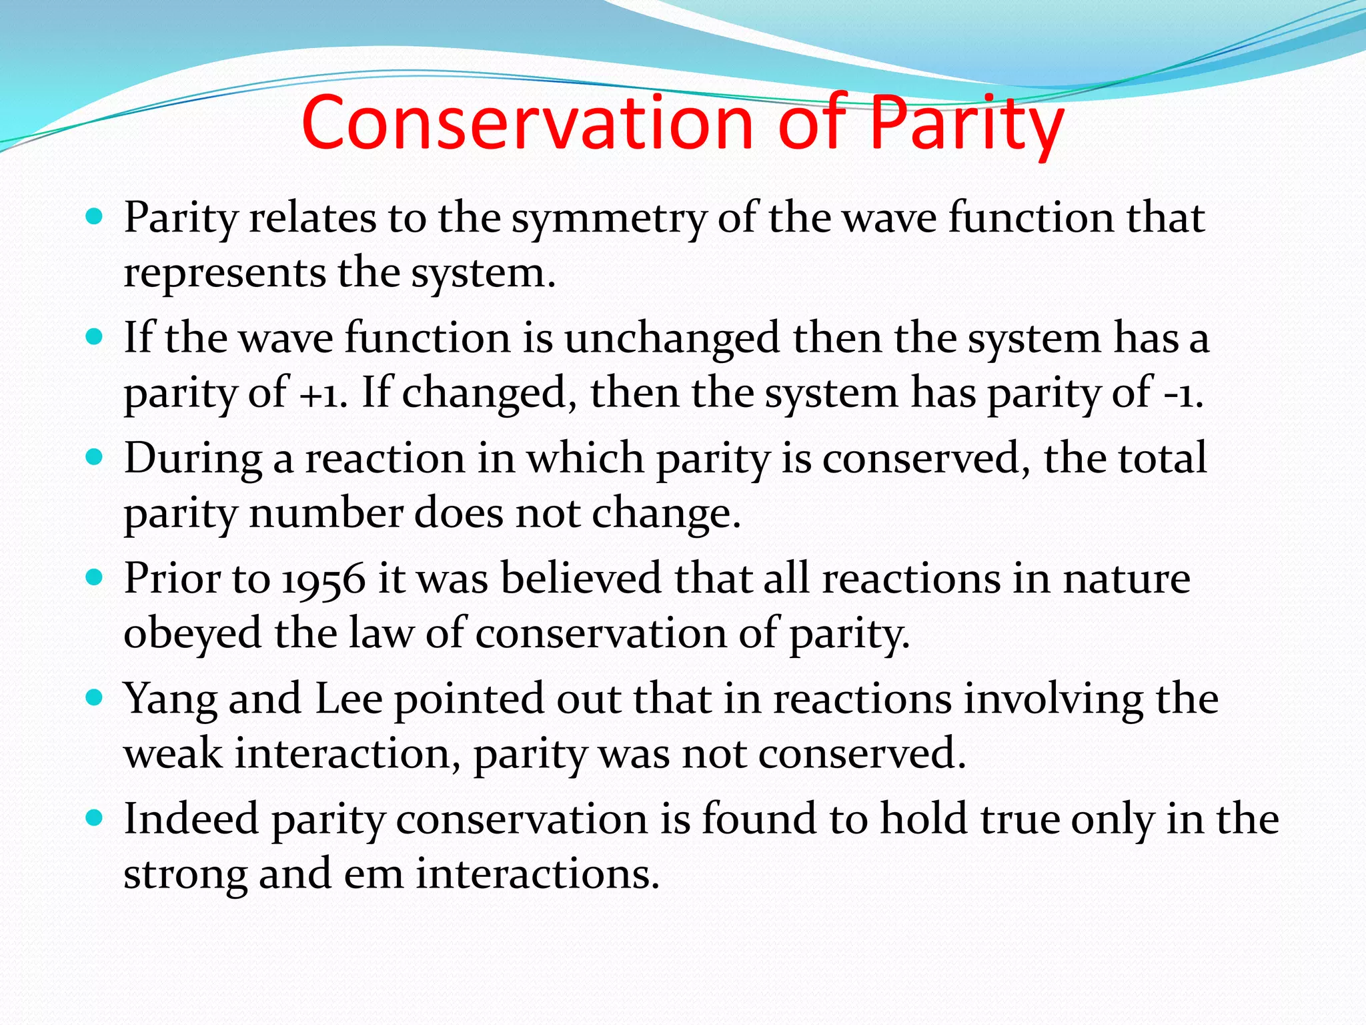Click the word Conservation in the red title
(527, 123)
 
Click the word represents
(224, 274)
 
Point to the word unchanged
(672, 338)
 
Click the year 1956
(323, 579)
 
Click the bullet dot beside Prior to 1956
(95, 577)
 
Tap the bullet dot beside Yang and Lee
(95, 698)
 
